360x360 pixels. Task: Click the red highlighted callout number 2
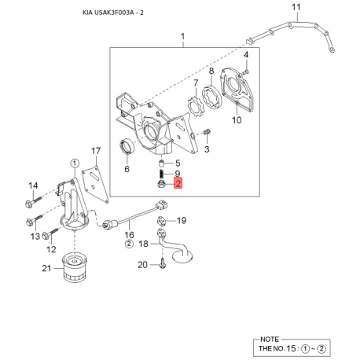click(x=178, y=183)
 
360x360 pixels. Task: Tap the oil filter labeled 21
click(x=75, y=266)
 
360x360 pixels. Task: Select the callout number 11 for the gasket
click(x=296, y=7)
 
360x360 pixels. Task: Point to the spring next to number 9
click(x=162, y=173)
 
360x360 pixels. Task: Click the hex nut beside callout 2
click(x=161, y=184)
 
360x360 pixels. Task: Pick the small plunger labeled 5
click(x=162, y=163)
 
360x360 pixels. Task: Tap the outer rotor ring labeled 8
click(x=212, y=97)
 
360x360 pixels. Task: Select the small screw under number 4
click(x=246, y=71)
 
